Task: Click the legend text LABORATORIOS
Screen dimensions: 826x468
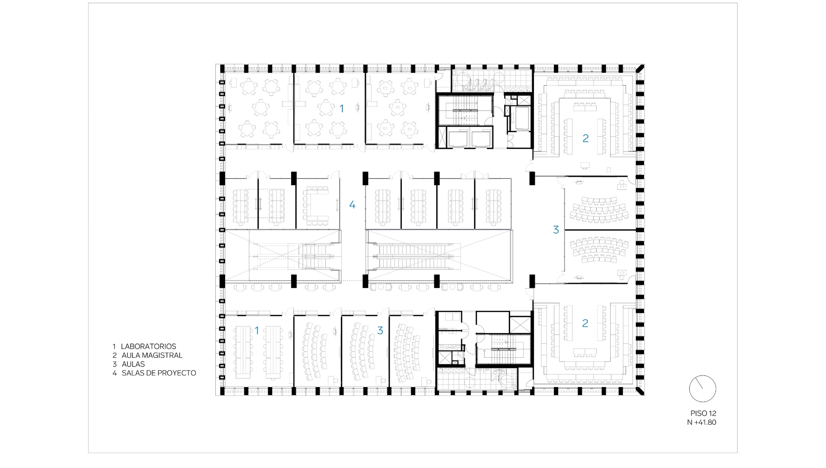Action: (148, 347)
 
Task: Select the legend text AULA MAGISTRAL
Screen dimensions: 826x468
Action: (152, 355)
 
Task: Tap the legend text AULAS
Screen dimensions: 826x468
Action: (133, 364)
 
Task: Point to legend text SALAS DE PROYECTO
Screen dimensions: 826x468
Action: (159, 373)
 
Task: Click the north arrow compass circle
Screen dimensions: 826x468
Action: (702, 388)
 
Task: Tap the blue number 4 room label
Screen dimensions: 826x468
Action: (352, 204)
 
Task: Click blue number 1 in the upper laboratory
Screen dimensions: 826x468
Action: (342, 108)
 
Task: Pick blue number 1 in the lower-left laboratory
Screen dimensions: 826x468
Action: (257, 330)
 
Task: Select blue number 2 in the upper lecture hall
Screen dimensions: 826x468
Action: (586, 138)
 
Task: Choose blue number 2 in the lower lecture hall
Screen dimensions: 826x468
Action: (585, 323)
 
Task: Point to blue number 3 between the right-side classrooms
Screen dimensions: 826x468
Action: (555, 229)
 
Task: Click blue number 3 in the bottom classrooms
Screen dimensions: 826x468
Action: (380, 330)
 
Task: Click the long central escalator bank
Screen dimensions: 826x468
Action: (414, 256)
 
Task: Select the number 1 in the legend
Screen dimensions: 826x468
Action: (114, 347)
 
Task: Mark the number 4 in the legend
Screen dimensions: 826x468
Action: (114, 373)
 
